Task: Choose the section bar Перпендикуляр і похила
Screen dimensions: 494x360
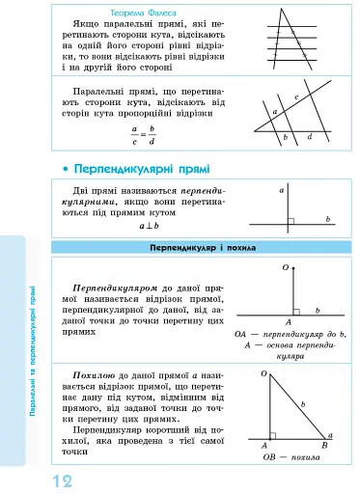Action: pyautogui.click(x=203, y=248)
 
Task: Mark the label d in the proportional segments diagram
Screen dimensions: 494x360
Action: pyautogui.click(x=309, y=138)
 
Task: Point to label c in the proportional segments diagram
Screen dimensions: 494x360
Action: pyautogui.click(x=295, y=98)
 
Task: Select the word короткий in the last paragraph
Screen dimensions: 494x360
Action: pyautogui.click(x=169, y=431)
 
